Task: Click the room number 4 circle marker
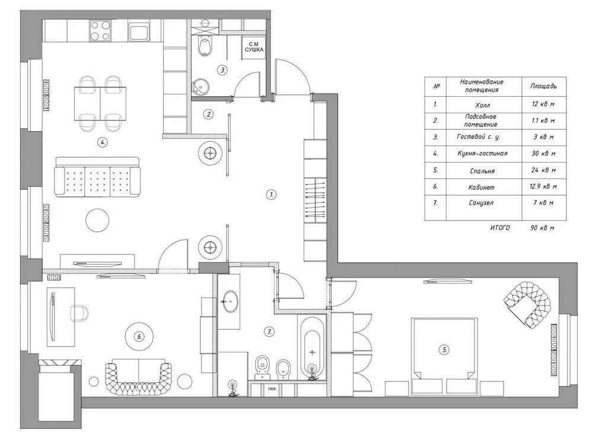[103, 142]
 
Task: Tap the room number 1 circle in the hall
[271, 193]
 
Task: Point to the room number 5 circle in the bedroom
[444, 349]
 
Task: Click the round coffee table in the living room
[97, 221]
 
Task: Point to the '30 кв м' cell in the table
[543, 154]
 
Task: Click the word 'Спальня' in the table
[480, 170]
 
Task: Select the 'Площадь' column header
[543, 86]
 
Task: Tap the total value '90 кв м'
[543, 228]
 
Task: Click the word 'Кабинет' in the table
[480, 187]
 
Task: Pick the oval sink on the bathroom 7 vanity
[229, 301]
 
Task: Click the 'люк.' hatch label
[272, 390]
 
